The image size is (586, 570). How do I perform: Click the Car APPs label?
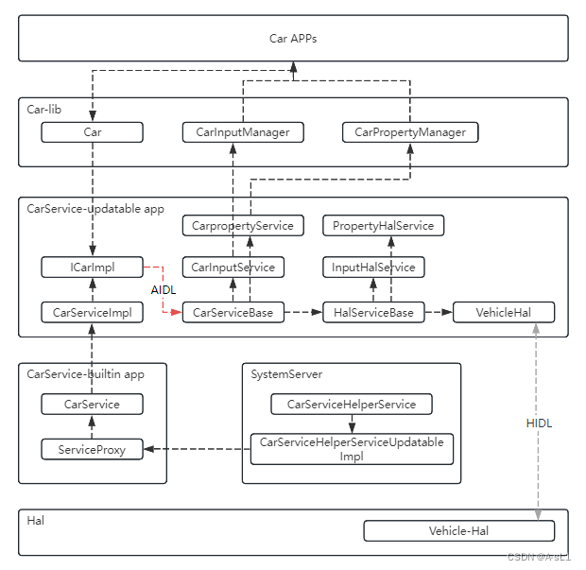(x=293, y=39)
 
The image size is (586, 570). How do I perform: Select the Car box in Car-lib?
(x=93, y=132)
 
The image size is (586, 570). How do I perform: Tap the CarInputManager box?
(x=243, y=132)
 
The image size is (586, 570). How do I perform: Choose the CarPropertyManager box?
(x=410, y=132)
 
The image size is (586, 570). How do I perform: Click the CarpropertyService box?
(x=243, y=226)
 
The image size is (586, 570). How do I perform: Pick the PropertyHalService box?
(x=383, y=226)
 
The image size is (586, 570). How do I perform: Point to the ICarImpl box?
(x=93, y=268)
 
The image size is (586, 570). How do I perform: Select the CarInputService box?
(x=233, y=268)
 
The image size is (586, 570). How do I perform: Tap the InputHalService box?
(x=373, y=268)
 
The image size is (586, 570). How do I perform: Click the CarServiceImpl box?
(x=93, y=312)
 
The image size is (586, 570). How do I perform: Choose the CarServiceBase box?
(x=233, y=312)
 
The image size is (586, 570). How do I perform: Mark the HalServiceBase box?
(x=373, y=312)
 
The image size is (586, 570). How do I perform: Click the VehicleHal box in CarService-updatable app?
(x=503, y=312)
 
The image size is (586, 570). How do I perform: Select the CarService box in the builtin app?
(x=93, y=405)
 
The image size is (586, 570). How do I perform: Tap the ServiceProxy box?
(x=93, y=450)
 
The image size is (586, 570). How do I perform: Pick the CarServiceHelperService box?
(x=352, y=405)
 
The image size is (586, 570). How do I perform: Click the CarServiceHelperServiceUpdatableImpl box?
(x=352, y=449)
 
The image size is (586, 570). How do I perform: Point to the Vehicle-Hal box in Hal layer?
(x=458, y=531)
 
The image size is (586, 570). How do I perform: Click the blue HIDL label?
(x=539, y=423)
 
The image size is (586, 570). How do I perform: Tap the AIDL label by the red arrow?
(x=164, y=289)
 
